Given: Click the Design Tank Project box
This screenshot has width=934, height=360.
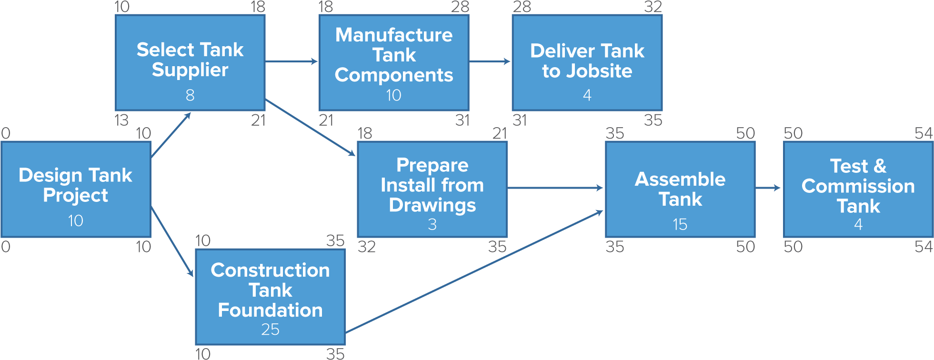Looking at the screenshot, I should [76, 190].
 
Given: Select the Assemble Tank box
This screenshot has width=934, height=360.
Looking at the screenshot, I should [680, 190].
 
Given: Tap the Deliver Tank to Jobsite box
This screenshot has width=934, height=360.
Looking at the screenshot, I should [587, 62].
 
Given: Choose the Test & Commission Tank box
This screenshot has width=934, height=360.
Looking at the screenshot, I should [858, 190].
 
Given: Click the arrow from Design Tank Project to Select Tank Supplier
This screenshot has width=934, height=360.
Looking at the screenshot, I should [171, 136].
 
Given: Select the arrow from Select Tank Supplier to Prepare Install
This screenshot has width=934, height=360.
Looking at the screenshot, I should [310, 127].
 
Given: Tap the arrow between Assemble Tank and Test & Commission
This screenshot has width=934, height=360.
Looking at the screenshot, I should [768, 188].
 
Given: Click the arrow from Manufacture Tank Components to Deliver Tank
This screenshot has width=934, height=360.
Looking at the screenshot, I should [490, 61].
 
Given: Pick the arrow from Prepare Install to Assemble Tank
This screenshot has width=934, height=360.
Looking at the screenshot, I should [555, 188].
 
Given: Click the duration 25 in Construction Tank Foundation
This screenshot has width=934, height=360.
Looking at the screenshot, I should [270, 330].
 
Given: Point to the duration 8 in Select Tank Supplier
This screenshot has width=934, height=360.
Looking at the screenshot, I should [190, 95].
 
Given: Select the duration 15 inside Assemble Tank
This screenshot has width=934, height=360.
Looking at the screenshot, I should [680, 224].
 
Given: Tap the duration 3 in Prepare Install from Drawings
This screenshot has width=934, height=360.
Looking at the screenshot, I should [432, 224].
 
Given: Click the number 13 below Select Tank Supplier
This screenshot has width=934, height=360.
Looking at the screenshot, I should [122, 120].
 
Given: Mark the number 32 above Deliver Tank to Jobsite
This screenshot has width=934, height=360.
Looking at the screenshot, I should [653, 7].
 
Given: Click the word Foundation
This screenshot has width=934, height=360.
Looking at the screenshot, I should [270, 310].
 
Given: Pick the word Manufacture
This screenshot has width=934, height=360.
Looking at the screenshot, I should [394, 35].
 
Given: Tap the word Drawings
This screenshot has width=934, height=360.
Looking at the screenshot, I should [432, 205].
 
